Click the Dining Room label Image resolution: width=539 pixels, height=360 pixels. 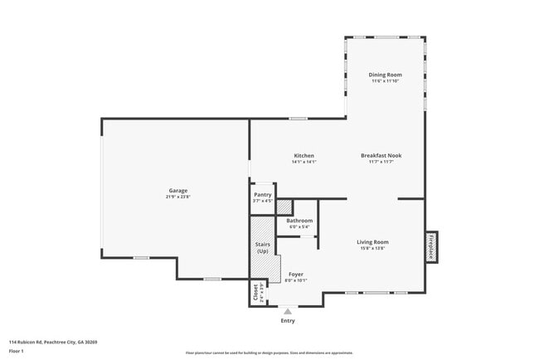click(385, 75)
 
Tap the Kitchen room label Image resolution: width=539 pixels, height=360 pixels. click(303, 156)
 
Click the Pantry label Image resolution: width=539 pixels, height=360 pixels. click(262, 195)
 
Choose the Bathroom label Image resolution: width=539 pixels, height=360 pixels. click(299, 221)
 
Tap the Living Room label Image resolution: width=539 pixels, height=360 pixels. click(374, 242)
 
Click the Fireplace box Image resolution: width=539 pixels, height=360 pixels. click(431, 246)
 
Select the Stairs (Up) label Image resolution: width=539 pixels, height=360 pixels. click(262, 247)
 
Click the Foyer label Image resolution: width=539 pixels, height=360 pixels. click(295, 275)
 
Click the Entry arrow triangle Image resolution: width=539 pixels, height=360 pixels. click(288, 310)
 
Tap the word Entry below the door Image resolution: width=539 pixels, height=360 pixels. click(288, 320)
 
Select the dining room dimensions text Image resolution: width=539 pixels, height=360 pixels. click(385, 81)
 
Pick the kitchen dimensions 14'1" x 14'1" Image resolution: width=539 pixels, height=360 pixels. click(303, 162)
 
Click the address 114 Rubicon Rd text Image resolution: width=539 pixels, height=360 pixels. click(53, 341)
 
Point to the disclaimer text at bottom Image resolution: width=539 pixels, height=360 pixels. click(269, 352)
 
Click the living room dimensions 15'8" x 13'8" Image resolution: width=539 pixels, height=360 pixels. click(374, 249)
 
